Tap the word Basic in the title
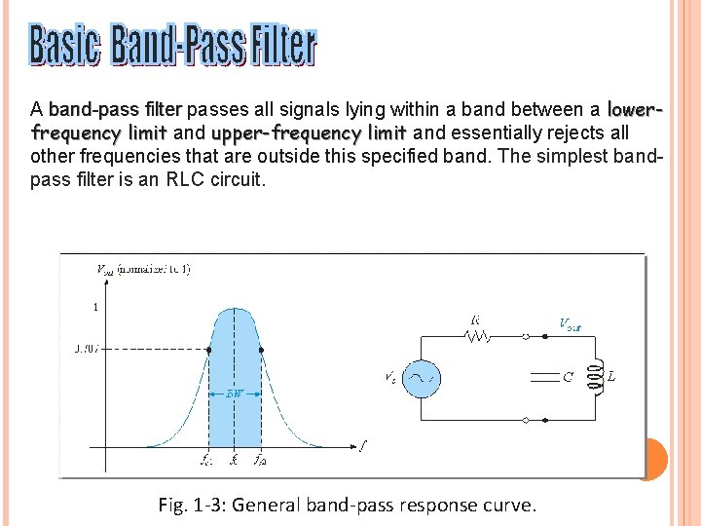click(x=64, y=46)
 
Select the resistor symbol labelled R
click(x=476, y=337)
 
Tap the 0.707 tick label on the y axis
click(x=86, y=348)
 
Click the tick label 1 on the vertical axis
click(x=95, y=307)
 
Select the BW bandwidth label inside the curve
click(x=235, y=394)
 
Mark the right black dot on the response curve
click(x=262, y=349)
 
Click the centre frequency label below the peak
click(x=234, y=460)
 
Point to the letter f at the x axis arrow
click(x=362, y=447)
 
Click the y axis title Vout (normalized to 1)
click(x=144, y=268)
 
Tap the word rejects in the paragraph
click(x=580, y=132)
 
